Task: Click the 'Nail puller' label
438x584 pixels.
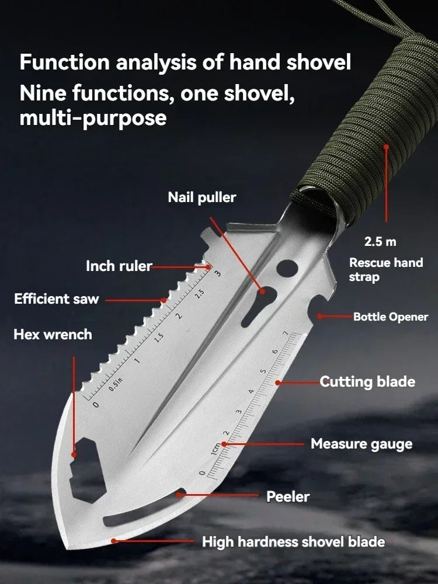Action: (x=202, y=197)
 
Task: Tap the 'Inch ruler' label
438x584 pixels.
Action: (x=119, y=266)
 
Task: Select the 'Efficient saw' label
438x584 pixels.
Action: (x=57, y=300)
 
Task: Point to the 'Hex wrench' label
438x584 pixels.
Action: (x=53, y=335)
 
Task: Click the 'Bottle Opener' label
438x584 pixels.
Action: (x=391, y=317)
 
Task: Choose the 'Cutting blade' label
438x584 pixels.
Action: (x=367, y=382)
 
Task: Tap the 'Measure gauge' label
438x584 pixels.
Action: (x=361, y=444)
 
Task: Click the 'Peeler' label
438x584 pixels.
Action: (x=288, y=497)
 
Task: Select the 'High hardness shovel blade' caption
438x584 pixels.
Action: (x=293, y=542)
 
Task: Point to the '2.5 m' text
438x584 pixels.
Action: (x=380, y=241)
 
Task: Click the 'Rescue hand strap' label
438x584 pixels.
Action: (x=385, y=269)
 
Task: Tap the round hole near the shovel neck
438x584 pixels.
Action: (x=287, y=268)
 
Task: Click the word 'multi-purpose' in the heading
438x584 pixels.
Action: (x=93, y=119)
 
